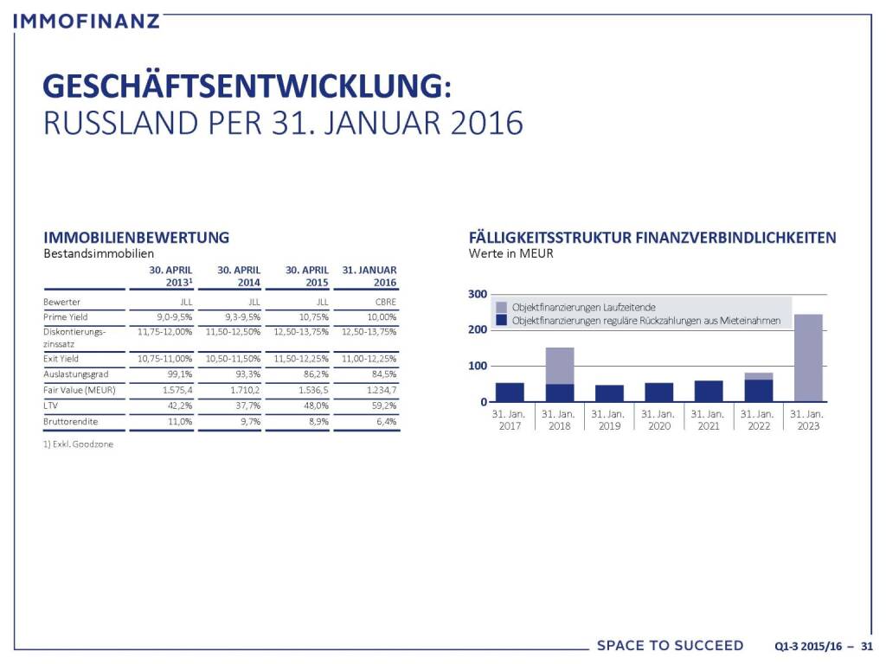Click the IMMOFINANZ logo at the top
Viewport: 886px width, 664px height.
[87, 19]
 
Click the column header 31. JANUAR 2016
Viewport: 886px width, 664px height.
[369, 276]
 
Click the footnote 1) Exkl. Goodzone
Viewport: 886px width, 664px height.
[78, 444]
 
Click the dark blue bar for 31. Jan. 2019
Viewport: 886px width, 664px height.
[609, 393]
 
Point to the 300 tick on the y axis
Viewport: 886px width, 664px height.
[477, 295]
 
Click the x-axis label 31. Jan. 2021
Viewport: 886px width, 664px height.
[708, 420]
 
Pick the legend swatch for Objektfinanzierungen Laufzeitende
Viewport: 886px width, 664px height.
[502, 307]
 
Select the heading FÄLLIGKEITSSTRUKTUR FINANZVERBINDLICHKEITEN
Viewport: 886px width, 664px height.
[652, 237]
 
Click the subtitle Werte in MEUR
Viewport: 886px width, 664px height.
[510, 254]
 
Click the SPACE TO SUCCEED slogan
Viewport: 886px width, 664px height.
[670, 646]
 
